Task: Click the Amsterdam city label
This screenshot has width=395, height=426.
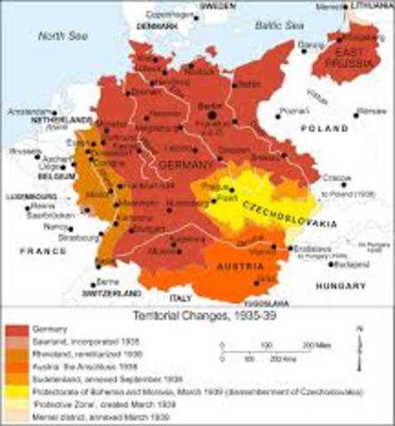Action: [x=25, y=113]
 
